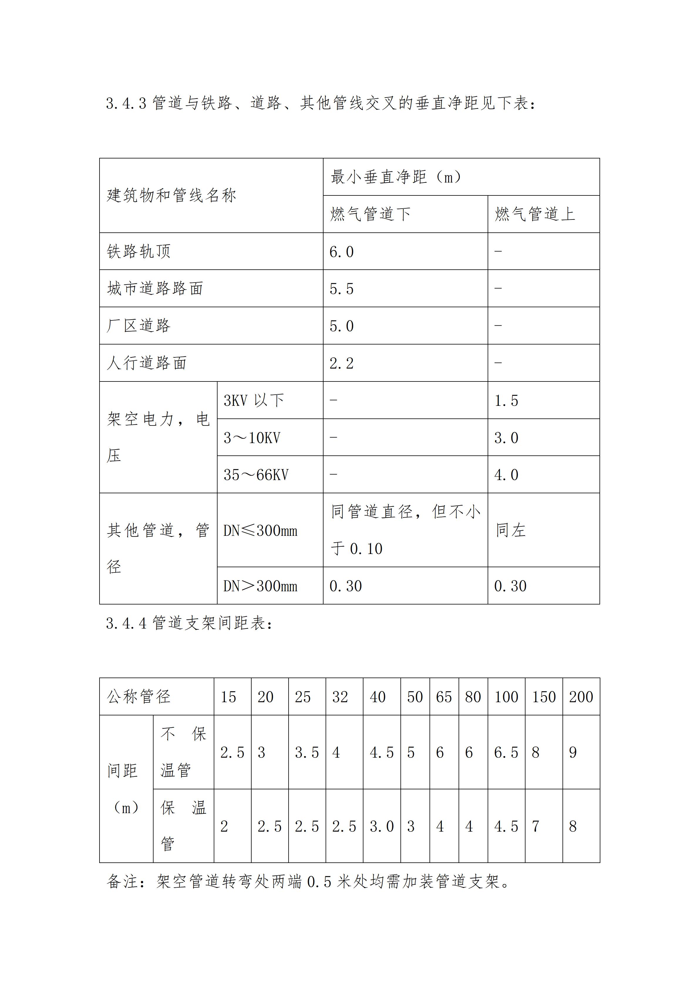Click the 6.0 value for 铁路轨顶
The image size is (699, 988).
[x=341, y=252]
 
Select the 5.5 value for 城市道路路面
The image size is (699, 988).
[x=341, y=289]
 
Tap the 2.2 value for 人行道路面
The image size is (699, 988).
[x=341, y=364]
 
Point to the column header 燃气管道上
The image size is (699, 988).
[x=535, y=214]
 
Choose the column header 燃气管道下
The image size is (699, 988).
[x=370, y=214]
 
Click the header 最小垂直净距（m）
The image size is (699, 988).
[x=396, y=177]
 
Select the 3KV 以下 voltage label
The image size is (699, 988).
[x=254, y=401]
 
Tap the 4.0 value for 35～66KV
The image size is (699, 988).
[x=506, y=475]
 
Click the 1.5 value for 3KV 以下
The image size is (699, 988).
[x=506, y=401]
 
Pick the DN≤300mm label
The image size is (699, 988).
[x=260, y=531]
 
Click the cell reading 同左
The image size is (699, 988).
[x=511, y=530]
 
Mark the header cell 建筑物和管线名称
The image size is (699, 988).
[x=171, y=196]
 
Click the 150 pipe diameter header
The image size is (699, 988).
[x=544, y=697]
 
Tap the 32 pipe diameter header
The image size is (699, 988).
[x=340, y=697]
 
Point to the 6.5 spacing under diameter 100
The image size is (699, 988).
[x=506, y=753]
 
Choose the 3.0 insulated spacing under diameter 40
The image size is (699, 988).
[x=382, y=827]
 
